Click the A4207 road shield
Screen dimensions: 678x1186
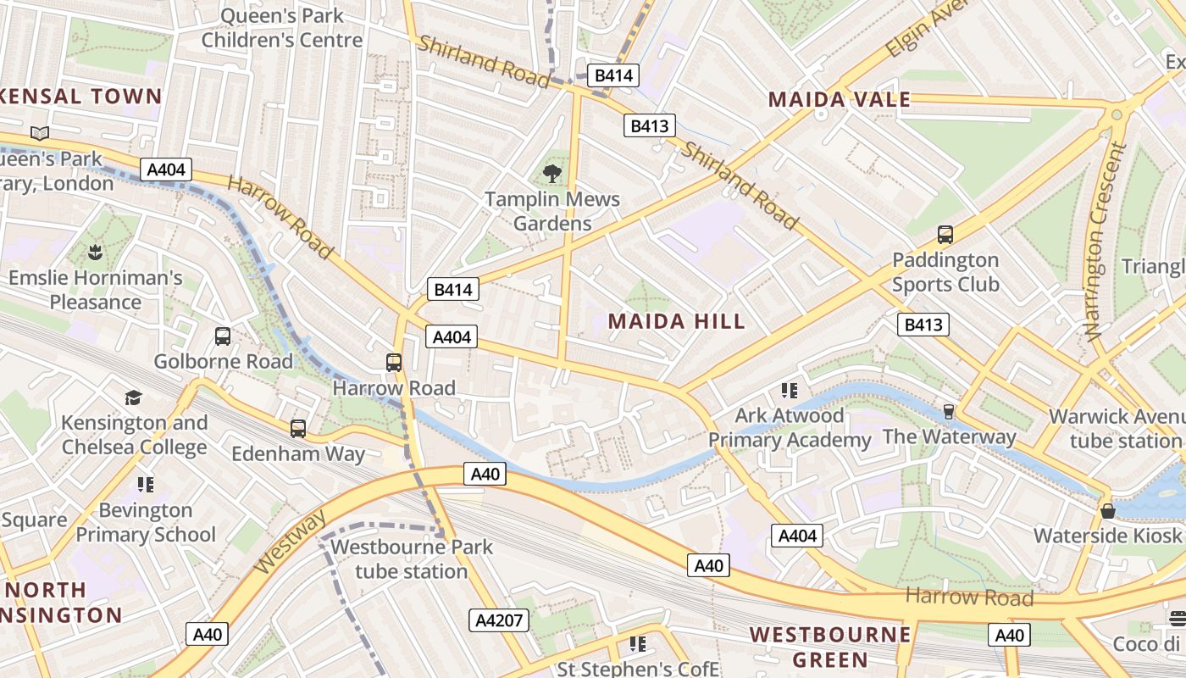tap(499, 620)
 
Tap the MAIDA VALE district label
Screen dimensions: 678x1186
tap(839, 100)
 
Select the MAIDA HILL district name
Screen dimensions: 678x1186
tap(677, 321)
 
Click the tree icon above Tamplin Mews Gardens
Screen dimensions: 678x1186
tap(552, 175)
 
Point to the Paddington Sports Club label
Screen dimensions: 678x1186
tap(945, 272)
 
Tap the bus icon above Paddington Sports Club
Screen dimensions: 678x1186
tap(945, 235)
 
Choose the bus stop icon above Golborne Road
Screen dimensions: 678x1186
tap(223, 336)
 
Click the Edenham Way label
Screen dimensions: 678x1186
tap(298, 454)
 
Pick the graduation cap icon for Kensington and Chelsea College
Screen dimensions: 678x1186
tap(133, 398)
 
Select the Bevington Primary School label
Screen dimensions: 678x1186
tap(146, 522)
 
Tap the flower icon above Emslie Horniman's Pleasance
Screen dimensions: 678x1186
tap(95, 252)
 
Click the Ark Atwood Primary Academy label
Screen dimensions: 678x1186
tap(790, 428)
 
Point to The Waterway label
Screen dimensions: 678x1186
tap(949, 437)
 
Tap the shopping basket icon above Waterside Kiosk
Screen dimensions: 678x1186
tap(1107, 511)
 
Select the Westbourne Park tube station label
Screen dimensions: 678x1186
tap(411, 559)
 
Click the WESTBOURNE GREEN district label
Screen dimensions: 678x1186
tap(830, 647)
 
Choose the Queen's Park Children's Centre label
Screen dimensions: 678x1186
tap(282, 27)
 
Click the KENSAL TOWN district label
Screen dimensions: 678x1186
tap(80, 97)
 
